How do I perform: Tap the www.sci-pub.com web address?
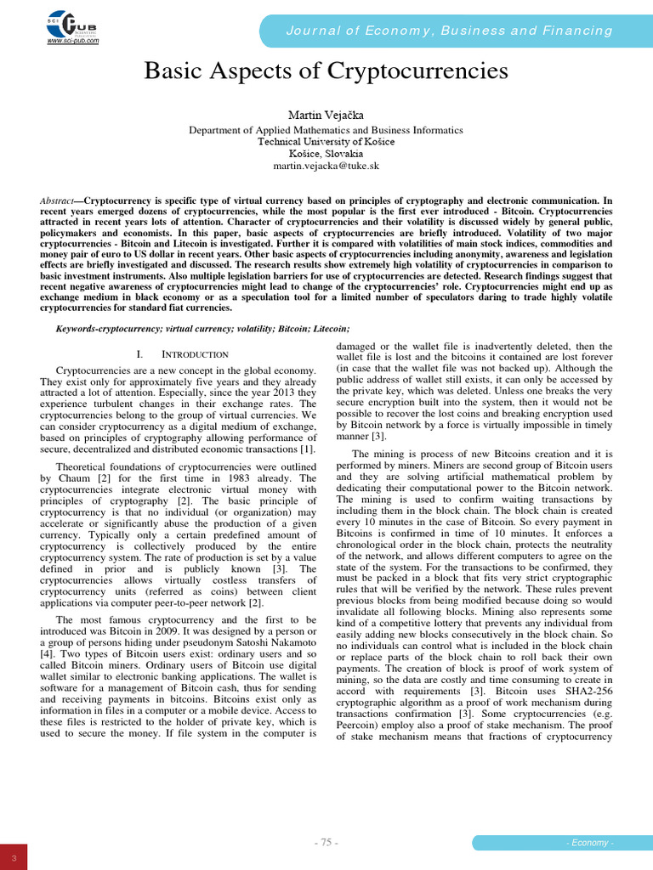point(72,40)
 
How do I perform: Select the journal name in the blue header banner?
point(450,31)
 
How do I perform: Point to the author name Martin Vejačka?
point(326,114)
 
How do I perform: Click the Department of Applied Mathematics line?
point(326,130)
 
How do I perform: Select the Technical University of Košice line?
point(326,142)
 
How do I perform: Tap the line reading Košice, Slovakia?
point(326,154)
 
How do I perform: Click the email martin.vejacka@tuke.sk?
point(326,167)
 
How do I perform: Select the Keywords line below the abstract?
point(202,329)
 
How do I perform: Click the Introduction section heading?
point(181,353)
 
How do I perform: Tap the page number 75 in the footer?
point(326,842)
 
